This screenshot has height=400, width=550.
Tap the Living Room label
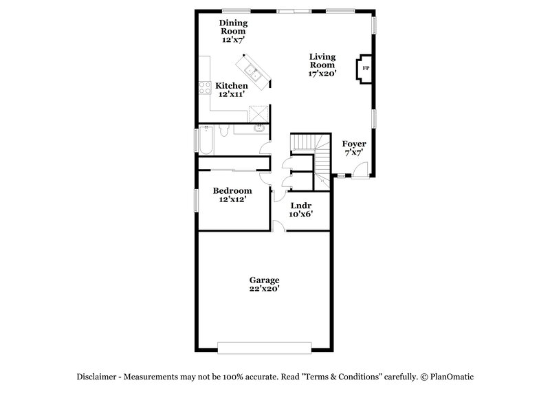pyautogui.click(x=322, y=64)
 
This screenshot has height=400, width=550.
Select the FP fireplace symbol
pyautogui.click(x=365, y=68)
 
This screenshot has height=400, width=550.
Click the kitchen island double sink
pyautogui.click(x=252, y=71)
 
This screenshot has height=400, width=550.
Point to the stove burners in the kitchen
pyautogui.click(x=204, y=87)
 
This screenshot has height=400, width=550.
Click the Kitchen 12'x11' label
pyautogui.click(x=232, y=90)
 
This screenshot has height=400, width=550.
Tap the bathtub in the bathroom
pyautogui.click(x=206, y=141)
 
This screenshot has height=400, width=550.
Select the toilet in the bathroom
pyautogui.click(x=224, y=130)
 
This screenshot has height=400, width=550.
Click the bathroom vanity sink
pyautogui.click(x=259, y=128)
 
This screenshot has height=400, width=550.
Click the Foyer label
pyautogui.click(x=353, y=148)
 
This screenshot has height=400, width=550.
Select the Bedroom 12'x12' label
pyautogui.click(x=232, y=195)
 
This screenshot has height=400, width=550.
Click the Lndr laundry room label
pyautogui.click(x=302, y=209)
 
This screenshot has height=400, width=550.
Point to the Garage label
pyautogui.click(x=264, y=284)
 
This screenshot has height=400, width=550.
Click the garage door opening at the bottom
pyautogui.click(x=264, y=347)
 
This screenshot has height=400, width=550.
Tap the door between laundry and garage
pyautogui.click(x=279, y=227)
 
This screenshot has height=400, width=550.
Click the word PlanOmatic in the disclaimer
pyautogui.click(x=452, y=377)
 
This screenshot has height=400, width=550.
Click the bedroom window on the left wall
pyautogui.click(x=196, y=200)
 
